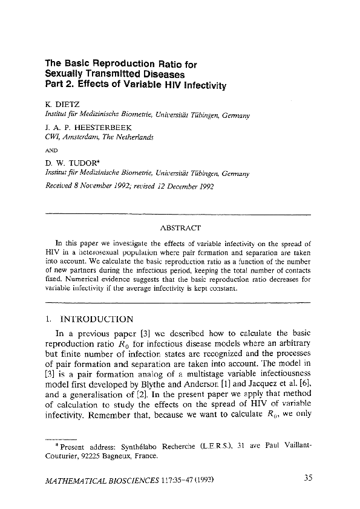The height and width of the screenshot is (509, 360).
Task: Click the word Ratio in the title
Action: click(171, 63)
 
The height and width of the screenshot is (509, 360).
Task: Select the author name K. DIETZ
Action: click(62, 104)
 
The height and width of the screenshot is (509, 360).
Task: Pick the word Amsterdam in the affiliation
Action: click(85, 137)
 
